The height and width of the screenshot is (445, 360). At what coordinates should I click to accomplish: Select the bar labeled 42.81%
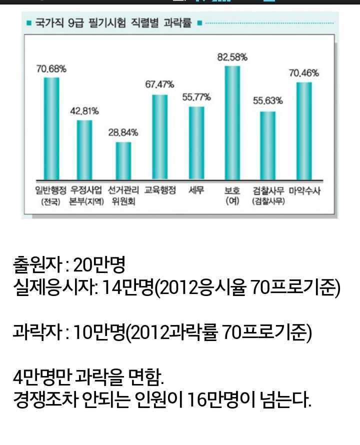pos(84,149)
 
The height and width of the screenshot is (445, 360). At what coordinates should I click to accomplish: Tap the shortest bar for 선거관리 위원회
pos(123,160)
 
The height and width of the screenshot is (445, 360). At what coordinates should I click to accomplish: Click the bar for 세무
pos(196,142)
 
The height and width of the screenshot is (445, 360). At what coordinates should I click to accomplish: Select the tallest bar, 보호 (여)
pos(232,122)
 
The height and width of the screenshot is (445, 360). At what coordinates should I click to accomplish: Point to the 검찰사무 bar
pos(268,145)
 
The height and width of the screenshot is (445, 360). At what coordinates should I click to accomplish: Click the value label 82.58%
pos(232,57)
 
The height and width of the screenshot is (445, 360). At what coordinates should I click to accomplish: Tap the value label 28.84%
pos(123,133)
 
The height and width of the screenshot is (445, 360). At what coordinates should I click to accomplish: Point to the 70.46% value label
pos(304,73)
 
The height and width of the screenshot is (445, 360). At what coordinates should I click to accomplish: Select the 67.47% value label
pos(159,85)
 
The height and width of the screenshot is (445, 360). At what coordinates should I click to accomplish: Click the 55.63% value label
pos(268,101)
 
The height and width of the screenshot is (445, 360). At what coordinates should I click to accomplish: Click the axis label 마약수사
pos(304,190)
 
